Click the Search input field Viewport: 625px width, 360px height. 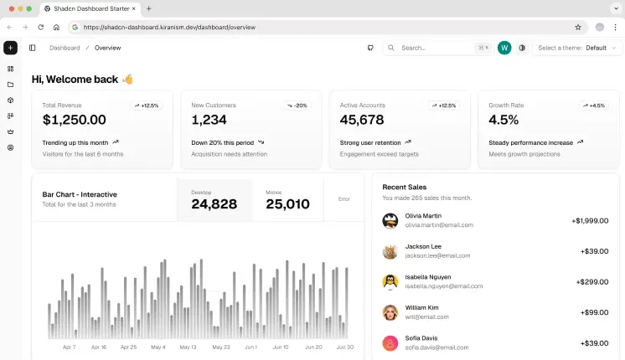click(x=436, y=48)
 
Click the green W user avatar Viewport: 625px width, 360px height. click(x=504, y=48)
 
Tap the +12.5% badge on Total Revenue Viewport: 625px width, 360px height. click(x=145, y=105)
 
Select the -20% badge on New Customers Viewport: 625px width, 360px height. click(x=297, y=105)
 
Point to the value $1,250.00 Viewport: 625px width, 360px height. click(x=75, y=121)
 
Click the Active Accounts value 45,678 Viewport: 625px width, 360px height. click(x=362, y=121)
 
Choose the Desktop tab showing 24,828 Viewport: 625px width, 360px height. click(x=214, y=200)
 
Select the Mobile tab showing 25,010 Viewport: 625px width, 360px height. click(x=287, y=200)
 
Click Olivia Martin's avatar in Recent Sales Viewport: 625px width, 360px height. click(x=390, y=220)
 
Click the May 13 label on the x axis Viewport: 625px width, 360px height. click(x=188, y=347)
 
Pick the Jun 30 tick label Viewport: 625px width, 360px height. click(x=344, y=347)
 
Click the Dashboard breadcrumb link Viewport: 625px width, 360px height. click(x=65, y=48)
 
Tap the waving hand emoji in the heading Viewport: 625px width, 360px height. click(x=127, y=80)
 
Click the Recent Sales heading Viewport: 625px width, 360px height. click(x=405, y=187)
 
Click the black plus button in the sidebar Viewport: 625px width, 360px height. click(x=10, y=48)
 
